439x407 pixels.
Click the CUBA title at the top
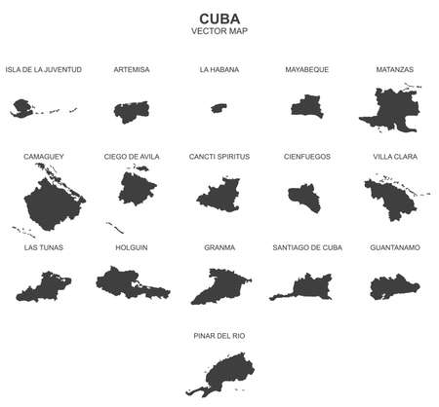coord(219,18)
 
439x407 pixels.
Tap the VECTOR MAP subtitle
coord(219,33)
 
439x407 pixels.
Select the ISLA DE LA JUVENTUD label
coord(43,70)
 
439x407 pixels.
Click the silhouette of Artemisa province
coord(132,108)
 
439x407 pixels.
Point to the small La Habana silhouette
coord(219,107)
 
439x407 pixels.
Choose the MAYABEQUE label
coord(307,70)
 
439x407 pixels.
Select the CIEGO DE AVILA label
coord(132,156)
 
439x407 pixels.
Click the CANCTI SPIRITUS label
coord(219,156)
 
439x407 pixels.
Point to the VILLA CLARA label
coord(395,156)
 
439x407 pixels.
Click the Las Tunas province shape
coord(43,286)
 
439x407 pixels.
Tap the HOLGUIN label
coord(132,247)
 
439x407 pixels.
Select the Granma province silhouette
coord(217,286)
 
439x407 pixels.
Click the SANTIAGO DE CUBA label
coord(307,247)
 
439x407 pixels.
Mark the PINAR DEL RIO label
coord(219,335)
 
